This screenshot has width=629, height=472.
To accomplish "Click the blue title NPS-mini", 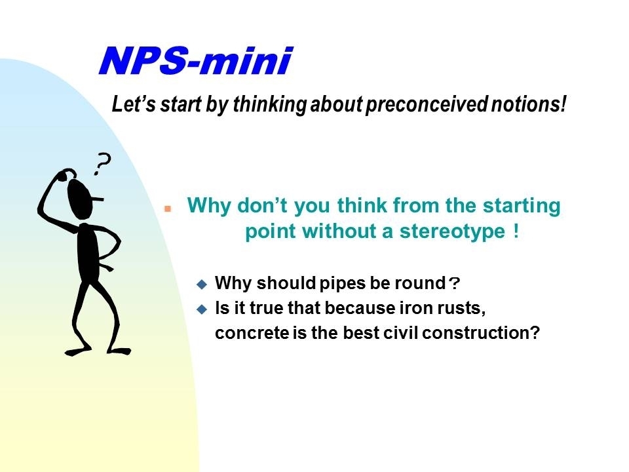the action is pyautogui.click(x=196, y=60).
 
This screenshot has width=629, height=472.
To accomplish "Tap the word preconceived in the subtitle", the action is pyautogui.click(x=427, y=104).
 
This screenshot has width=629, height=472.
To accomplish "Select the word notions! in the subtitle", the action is pyautogui.click(x=529, y=104).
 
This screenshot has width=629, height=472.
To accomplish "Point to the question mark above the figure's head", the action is pyautogui.click(x=102, y=163).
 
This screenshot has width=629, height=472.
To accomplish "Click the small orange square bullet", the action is pyautogui.click(x=168, y=208).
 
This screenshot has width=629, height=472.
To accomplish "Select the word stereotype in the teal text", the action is pyautogui.click(x=452, y=231).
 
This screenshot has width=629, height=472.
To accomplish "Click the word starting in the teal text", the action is pyautogui.click(x=522, y=206).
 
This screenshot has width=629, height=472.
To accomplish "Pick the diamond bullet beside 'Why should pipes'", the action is pyautogui.click(x=202, y=285).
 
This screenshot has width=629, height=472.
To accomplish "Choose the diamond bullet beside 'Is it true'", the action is pyautogui.click(x=202, y=309).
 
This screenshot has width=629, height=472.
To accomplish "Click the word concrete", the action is pyautogui.click(x=252, y=333).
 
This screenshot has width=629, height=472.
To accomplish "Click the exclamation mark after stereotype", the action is pyautogui.click(x=516, y=231).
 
